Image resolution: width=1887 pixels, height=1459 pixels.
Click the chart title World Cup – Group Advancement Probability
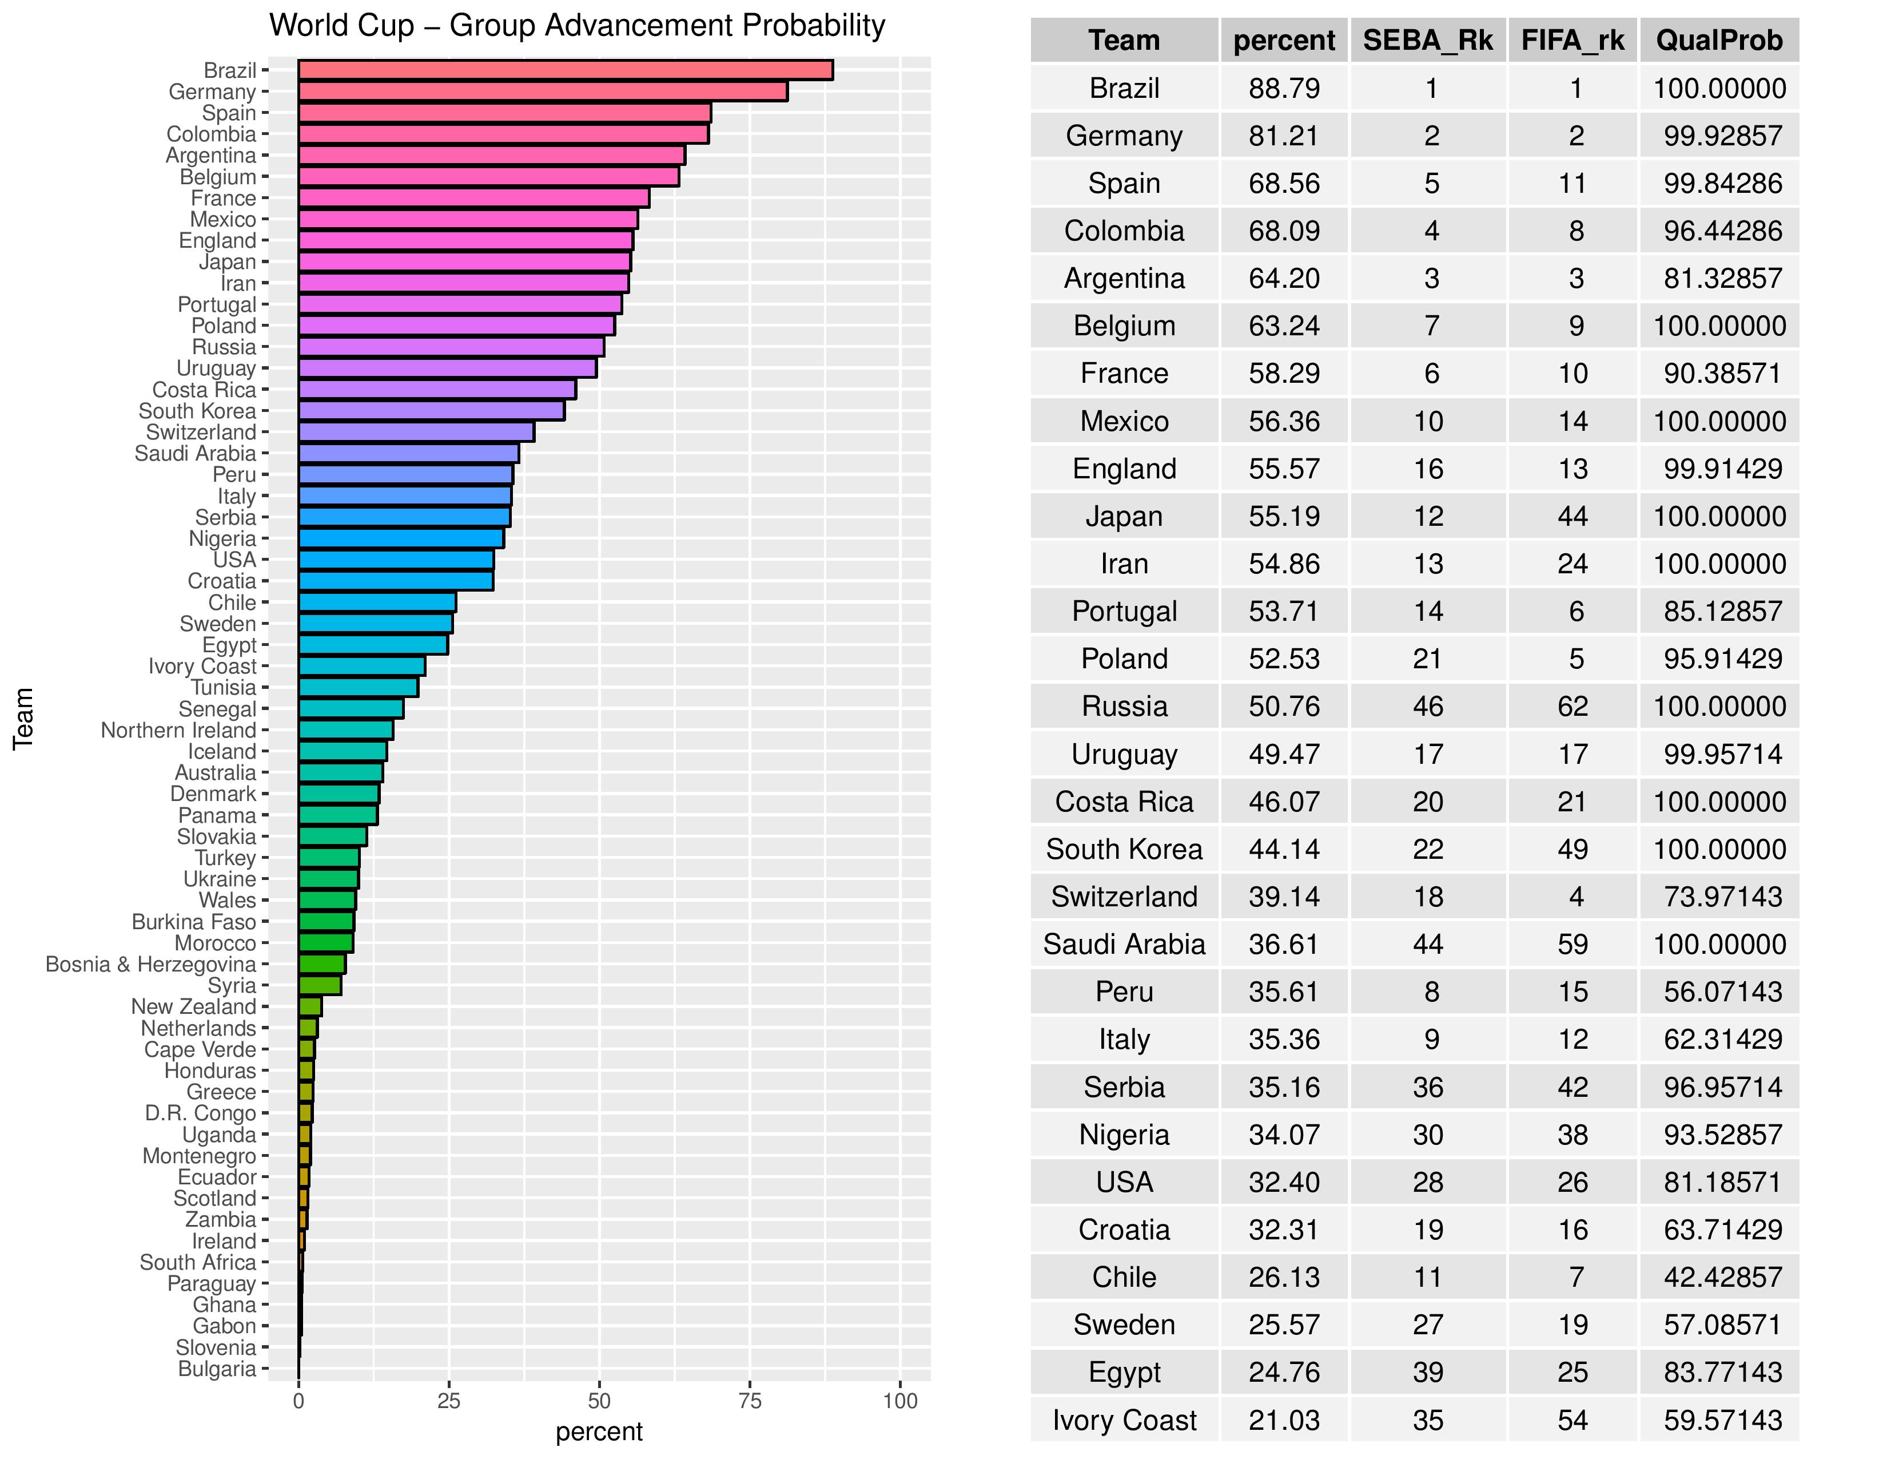pos(576,26)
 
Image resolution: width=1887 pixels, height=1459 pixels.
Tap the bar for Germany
pos(543,92)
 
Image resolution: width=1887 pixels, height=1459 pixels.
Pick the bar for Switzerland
pos(416,432)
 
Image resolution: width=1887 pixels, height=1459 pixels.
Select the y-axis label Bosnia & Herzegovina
pos(150,965)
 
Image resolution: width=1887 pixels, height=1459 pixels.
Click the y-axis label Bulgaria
pos(217,1369)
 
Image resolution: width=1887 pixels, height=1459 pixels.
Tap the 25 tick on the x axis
pos(448,1401)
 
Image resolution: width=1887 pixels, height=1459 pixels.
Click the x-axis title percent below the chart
pos(599,1432)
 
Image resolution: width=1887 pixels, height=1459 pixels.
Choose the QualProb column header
pos(1718,41)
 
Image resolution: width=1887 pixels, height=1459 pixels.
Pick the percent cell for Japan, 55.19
pos(1284,516)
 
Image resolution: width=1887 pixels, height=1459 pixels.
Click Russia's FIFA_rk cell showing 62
pos(1572,706)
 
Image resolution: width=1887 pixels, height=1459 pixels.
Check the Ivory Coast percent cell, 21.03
pos(1284,1420)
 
